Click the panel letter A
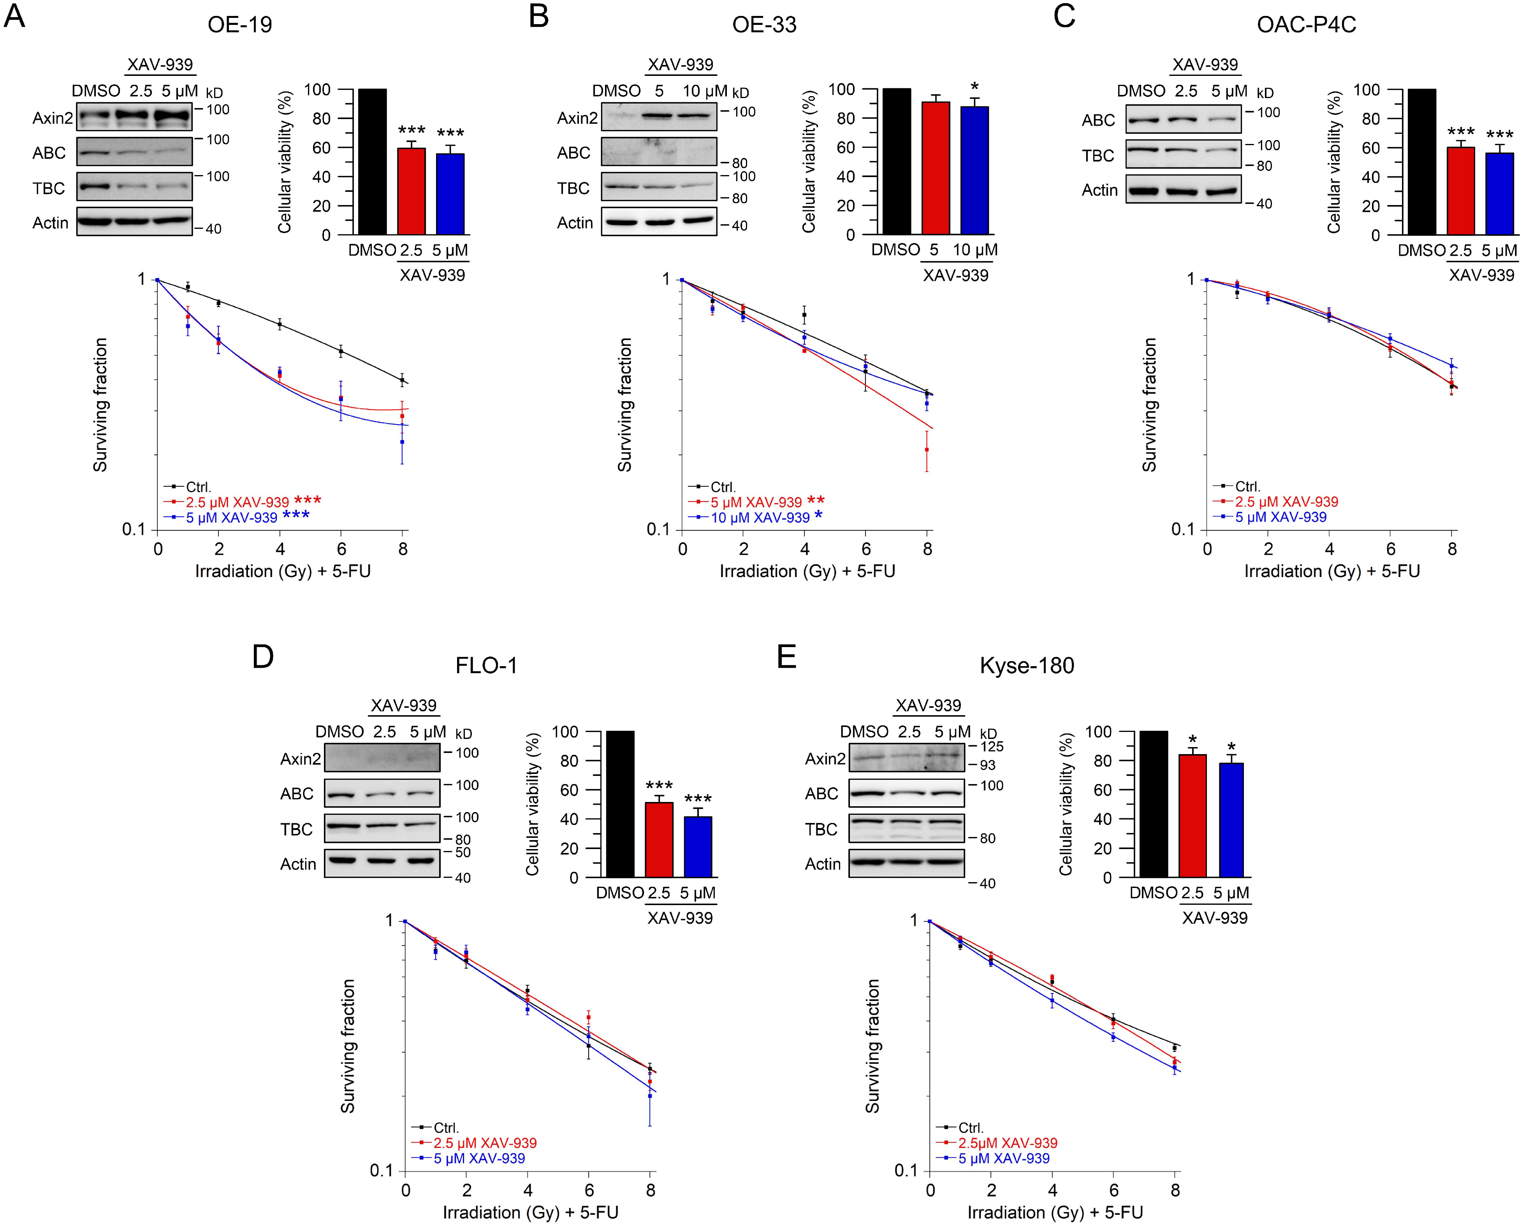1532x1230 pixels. pyautogui.click(x=14, y=16)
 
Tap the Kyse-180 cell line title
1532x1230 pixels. pyautogui.click(x=1026, y=665)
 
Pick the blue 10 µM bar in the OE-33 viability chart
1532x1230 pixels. pyautogui.click(x=974, y=170)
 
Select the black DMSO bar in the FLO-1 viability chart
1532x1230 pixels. pyautogui.click(x=620, y=804)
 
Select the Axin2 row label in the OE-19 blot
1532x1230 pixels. pyautogui.click(x=53, y=118)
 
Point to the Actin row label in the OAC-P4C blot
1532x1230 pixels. pyautogui.click(x=1099, y=190)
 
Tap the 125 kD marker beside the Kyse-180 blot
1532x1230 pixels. pyautogui.click(x=992, y=746)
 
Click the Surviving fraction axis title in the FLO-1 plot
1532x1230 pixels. pyautogui.click(x=347, y=1045)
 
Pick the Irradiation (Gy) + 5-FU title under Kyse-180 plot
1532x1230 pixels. pyautogui.click(x=1055, y=1212)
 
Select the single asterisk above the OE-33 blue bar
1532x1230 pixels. pyautogui.click(x=974, y=87)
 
